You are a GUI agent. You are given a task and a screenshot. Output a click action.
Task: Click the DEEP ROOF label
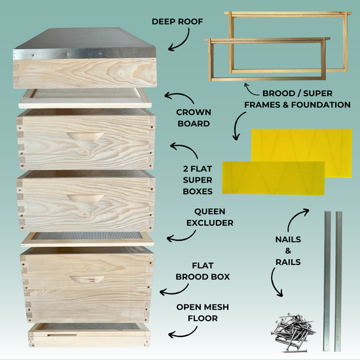(180, 21)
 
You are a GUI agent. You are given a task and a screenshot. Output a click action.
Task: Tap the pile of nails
(293, 331)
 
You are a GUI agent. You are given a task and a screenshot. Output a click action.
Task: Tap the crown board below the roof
(85, 98)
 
